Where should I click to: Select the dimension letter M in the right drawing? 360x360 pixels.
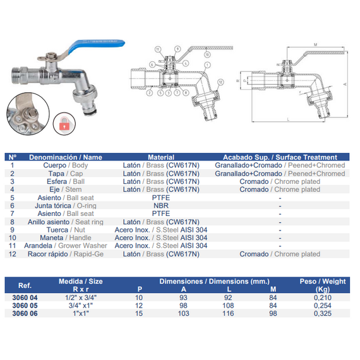[x=313, y=45]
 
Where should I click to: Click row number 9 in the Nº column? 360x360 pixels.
[x=13, y=229]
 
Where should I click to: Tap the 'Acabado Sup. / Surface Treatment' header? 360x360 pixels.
[x=280, y=157]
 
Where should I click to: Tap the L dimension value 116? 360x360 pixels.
[x=229, y=313]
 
